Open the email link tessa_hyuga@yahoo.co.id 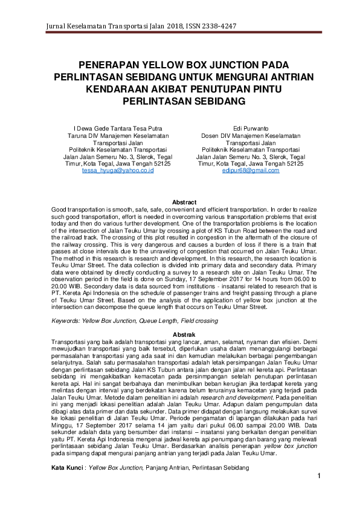pyautogui.click(x=118, y=170)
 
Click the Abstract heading pyautogui.click(x=184, y=202)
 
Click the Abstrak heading pyautogui.click(x=184, y=334)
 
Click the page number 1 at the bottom pyautogui.click(x=318, y=478)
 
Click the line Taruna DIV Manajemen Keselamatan pyautogui.click(x=118, y=136)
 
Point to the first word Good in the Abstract pyautogui.click(x=59, y=208)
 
